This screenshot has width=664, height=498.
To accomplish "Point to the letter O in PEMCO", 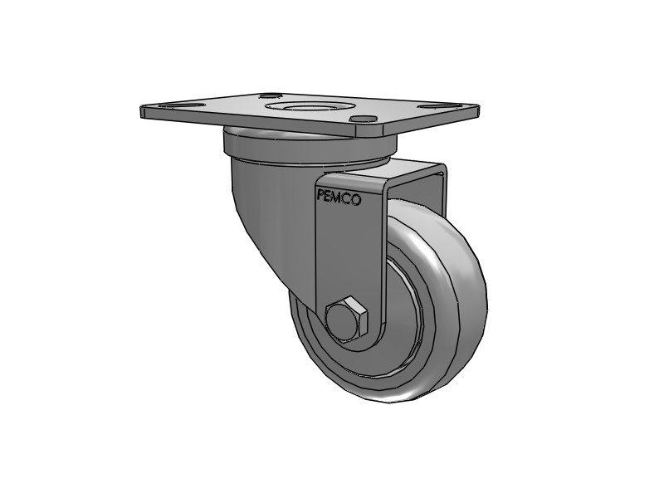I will [357, 199].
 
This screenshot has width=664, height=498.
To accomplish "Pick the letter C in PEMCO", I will [348, 198].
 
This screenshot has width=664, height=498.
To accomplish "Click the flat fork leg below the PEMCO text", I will [349, 257].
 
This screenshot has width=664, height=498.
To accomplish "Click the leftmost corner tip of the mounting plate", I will [142, 109].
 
